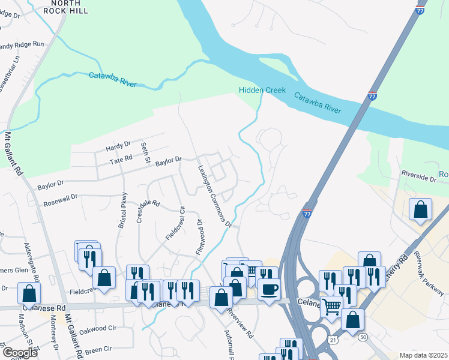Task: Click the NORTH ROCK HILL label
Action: coord(65,7)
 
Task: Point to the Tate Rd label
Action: coord(121,161)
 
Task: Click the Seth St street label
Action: coord(145,152)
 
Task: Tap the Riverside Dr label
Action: coord(419,178)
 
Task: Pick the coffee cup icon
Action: coord(269,289)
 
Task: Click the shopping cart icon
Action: coord(331,307)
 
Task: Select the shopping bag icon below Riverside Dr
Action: coord(421,210)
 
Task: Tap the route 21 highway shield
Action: coord(333,340)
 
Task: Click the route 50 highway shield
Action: coord(363,337)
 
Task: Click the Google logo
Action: coord(20,353)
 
